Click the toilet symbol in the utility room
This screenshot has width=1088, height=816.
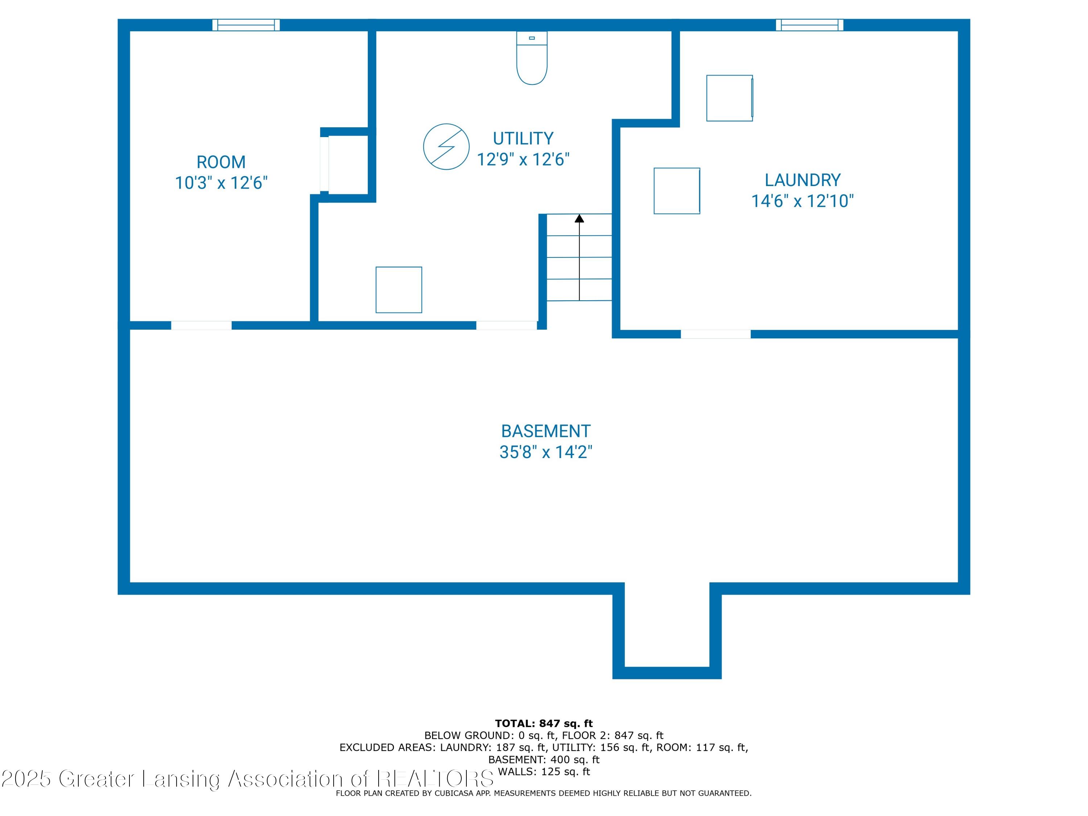[532, 58]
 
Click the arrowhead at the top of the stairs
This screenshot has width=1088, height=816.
[580, 218]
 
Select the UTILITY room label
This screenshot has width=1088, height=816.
[523, 139]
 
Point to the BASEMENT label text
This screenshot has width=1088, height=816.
[545, 431]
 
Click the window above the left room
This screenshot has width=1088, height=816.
[246, 25]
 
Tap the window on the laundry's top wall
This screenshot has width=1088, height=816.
[809, 25]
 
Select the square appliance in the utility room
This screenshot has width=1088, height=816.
[399, 290]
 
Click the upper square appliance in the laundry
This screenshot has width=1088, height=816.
[730, 98]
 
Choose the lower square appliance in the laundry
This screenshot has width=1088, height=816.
[677, 191]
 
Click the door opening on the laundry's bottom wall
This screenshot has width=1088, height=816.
[716, 334]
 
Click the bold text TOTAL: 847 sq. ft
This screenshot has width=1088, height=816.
[544, 724]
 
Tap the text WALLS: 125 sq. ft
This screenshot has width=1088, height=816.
[544, 772]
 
